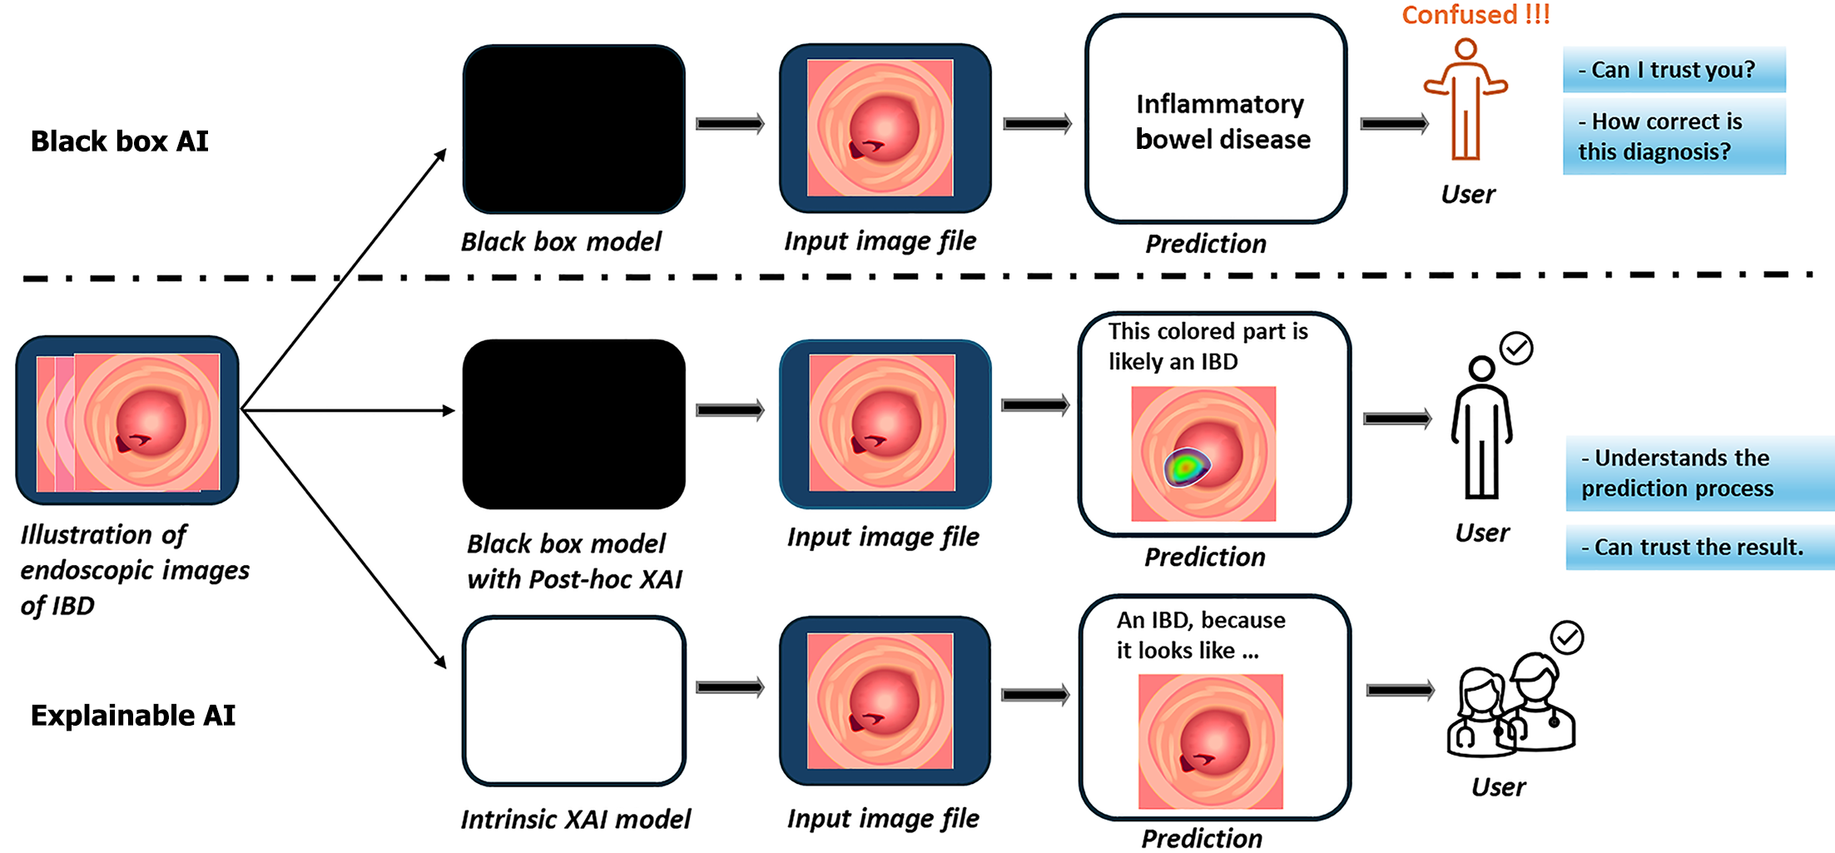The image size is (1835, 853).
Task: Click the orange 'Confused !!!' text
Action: click(x=1475, y=14)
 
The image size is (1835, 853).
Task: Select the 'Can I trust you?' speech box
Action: click(x=1674, y=70)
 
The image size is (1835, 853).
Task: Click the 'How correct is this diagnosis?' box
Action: click(x=1674, y=136)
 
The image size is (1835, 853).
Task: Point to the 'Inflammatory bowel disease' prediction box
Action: click(x=1216, y=119)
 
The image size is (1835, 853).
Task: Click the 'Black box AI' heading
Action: click(x=120, y=141)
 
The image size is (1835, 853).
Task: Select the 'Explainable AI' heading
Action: click(x=133, y=716)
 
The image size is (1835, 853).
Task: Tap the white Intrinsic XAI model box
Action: click(x=574, y=701)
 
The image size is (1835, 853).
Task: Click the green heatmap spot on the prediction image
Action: click(x=1185, y=468)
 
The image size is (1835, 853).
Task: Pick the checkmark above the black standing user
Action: click(x=1516, y=348)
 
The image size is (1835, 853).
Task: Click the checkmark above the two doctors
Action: click(x=1567, y=637)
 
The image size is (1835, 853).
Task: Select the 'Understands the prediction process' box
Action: click(x=1699, y=473)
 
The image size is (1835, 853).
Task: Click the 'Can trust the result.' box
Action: click(x=1699, y=548)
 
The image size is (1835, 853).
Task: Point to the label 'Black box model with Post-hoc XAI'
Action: click(x=574, y=561)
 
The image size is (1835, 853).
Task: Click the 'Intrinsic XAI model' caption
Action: click(x=576, y=819)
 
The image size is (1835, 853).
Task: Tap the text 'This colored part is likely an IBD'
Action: click(x=1208, y=346)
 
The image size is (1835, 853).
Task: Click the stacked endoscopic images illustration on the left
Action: click(x=127, y=420)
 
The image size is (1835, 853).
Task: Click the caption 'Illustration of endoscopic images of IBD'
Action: click(x=135, y=570)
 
